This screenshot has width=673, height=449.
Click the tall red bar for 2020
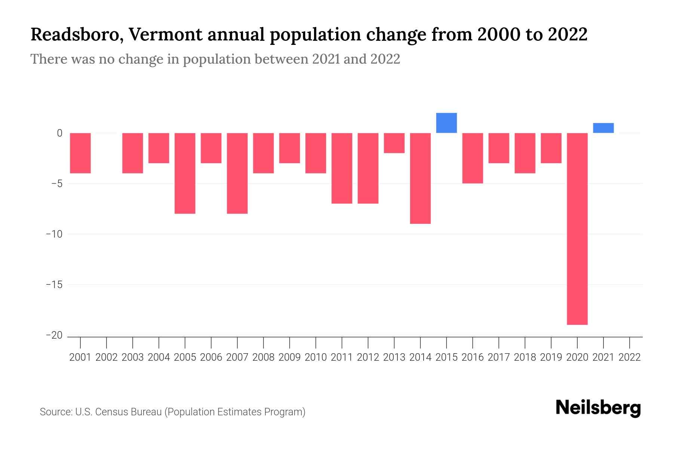point(577,229)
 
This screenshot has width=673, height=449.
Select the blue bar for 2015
point(446,123)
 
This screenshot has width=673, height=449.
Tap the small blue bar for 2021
point(603,128)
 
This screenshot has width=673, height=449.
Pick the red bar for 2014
point(420,178)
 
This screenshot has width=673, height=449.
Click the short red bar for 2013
point(394,143)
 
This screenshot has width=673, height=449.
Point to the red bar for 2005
point(185,173)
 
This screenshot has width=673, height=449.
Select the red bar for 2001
point(80,153)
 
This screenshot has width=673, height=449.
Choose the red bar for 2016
point(473,158)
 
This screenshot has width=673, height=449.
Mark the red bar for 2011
point(342,168)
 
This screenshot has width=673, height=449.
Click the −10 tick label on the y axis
point(54,234)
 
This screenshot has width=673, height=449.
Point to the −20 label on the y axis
point(54,335)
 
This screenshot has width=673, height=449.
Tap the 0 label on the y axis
point(59,133)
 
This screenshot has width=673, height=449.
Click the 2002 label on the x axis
point(107,357)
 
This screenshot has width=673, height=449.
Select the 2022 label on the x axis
point(630,357)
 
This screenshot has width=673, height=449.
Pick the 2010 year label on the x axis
point(316,357)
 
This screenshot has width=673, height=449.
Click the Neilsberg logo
point(598,408)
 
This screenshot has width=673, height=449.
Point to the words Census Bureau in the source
point(129,412)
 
